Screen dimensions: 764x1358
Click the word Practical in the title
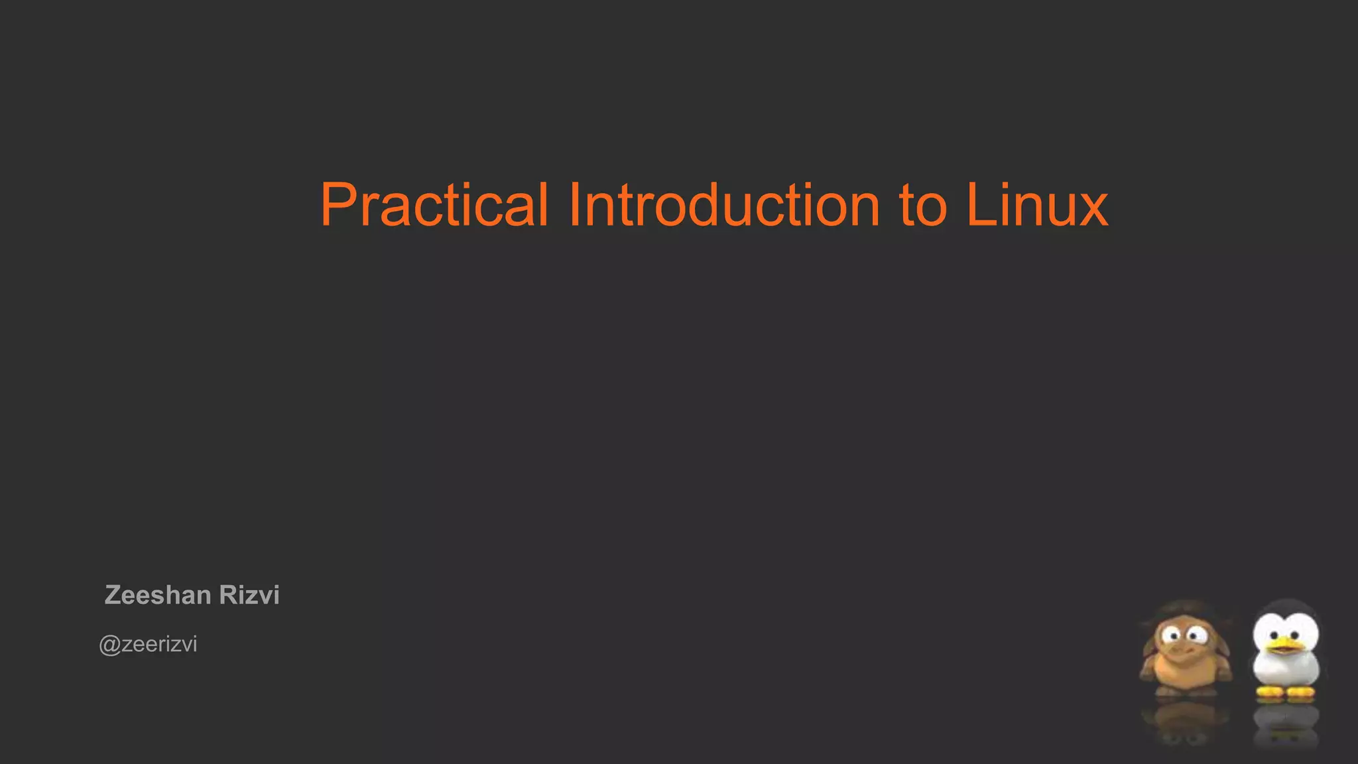(x=434, y=205)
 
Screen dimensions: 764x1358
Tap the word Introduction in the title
(x=723, y=205)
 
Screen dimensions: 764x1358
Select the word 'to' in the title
(x=922, y=206)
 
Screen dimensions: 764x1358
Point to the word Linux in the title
(x=1036, y=205)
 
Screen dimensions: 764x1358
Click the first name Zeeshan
(x=158, y=595)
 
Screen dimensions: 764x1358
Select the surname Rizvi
(x=249, y=595)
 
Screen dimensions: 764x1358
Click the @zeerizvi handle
(x=148, y=645)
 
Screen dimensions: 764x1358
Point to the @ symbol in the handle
(x=109, y=645)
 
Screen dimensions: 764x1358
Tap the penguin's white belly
(x=1286, y=670)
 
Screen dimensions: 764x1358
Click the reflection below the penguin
(x=1286, y=726)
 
